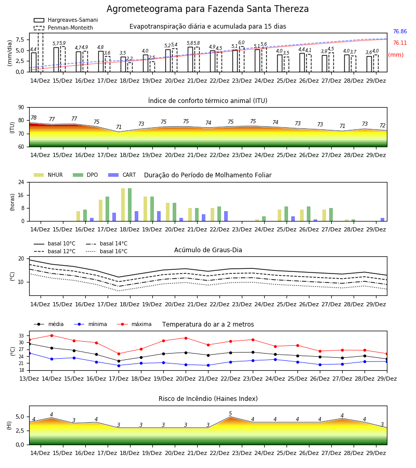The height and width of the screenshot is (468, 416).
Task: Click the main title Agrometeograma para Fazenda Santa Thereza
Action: coord(207,9)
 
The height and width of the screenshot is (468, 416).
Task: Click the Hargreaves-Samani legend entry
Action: coord(66,20)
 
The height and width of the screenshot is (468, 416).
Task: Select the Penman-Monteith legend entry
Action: coord(63,28)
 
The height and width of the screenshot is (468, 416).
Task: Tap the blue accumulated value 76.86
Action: coord(400,31)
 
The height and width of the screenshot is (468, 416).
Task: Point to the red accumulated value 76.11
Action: coord(400,43)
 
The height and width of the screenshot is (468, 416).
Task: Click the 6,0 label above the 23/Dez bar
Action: coord(241,43)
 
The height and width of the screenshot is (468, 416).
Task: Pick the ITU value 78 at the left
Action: coord(34,118)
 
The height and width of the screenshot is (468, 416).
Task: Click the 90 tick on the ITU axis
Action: coord(21,108)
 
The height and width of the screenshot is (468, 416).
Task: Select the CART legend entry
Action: coord(122,175)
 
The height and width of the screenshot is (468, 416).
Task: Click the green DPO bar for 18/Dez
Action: coord(130,205)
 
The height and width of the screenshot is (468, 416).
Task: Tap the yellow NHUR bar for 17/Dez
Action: coord(100,211)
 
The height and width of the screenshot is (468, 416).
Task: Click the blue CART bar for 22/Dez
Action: coord(226,216)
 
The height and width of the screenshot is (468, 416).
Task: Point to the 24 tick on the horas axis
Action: coord(21,182)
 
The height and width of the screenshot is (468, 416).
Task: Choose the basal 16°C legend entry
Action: coord(107,251)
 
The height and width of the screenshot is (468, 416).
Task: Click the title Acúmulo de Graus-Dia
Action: coord(208,250)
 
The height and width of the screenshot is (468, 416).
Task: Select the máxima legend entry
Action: coord(134,324)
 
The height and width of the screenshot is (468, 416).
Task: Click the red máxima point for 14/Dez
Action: coord(51,335)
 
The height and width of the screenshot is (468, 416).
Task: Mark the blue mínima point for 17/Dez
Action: coord(119,366)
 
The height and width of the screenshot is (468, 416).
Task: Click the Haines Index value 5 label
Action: coord(230,414)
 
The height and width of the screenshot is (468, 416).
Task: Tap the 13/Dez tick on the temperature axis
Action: coord(29,379)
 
